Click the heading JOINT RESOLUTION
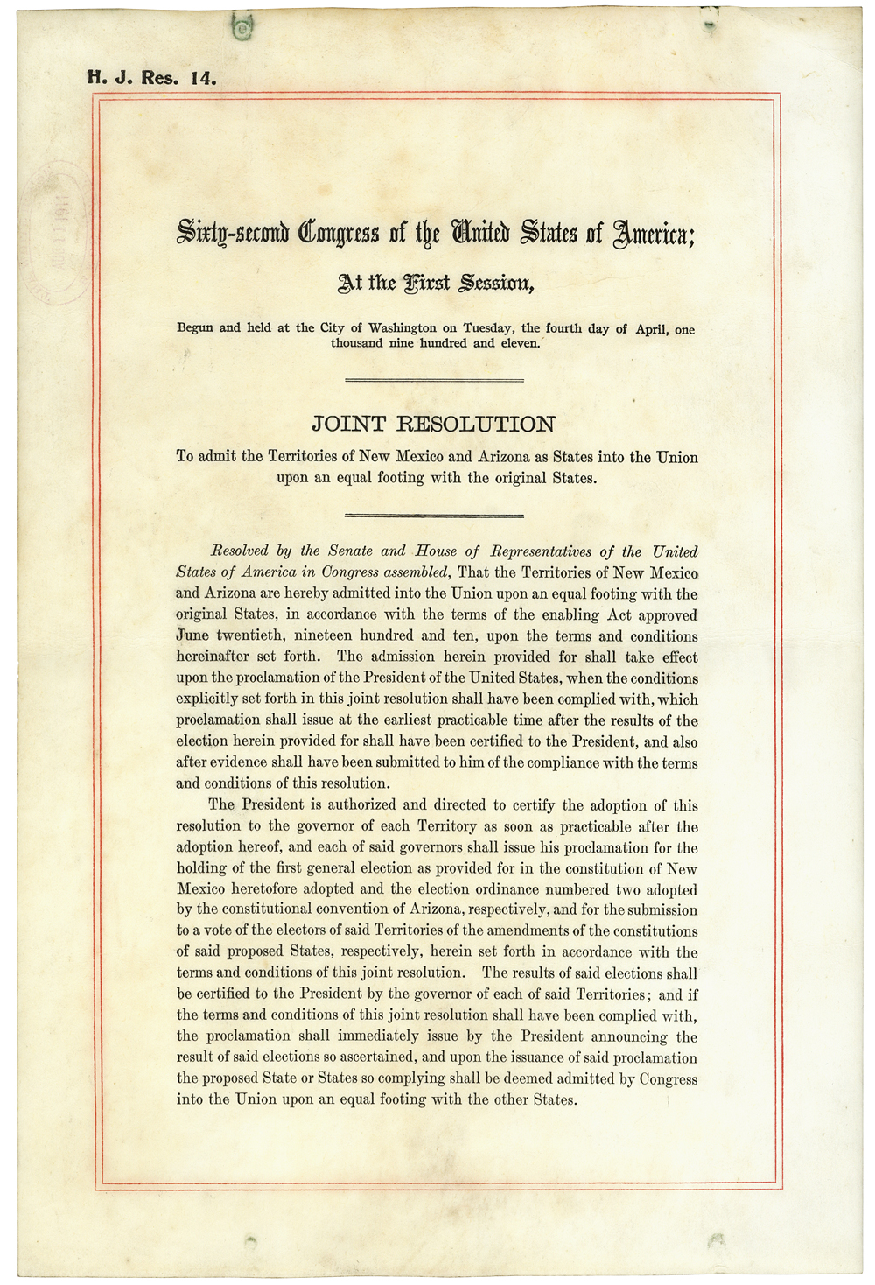(433, 425)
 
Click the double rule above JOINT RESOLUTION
(435, 380)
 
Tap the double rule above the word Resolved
(435, 516)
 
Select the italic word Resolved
(238, 551)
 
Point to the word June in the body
(192, 636)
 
